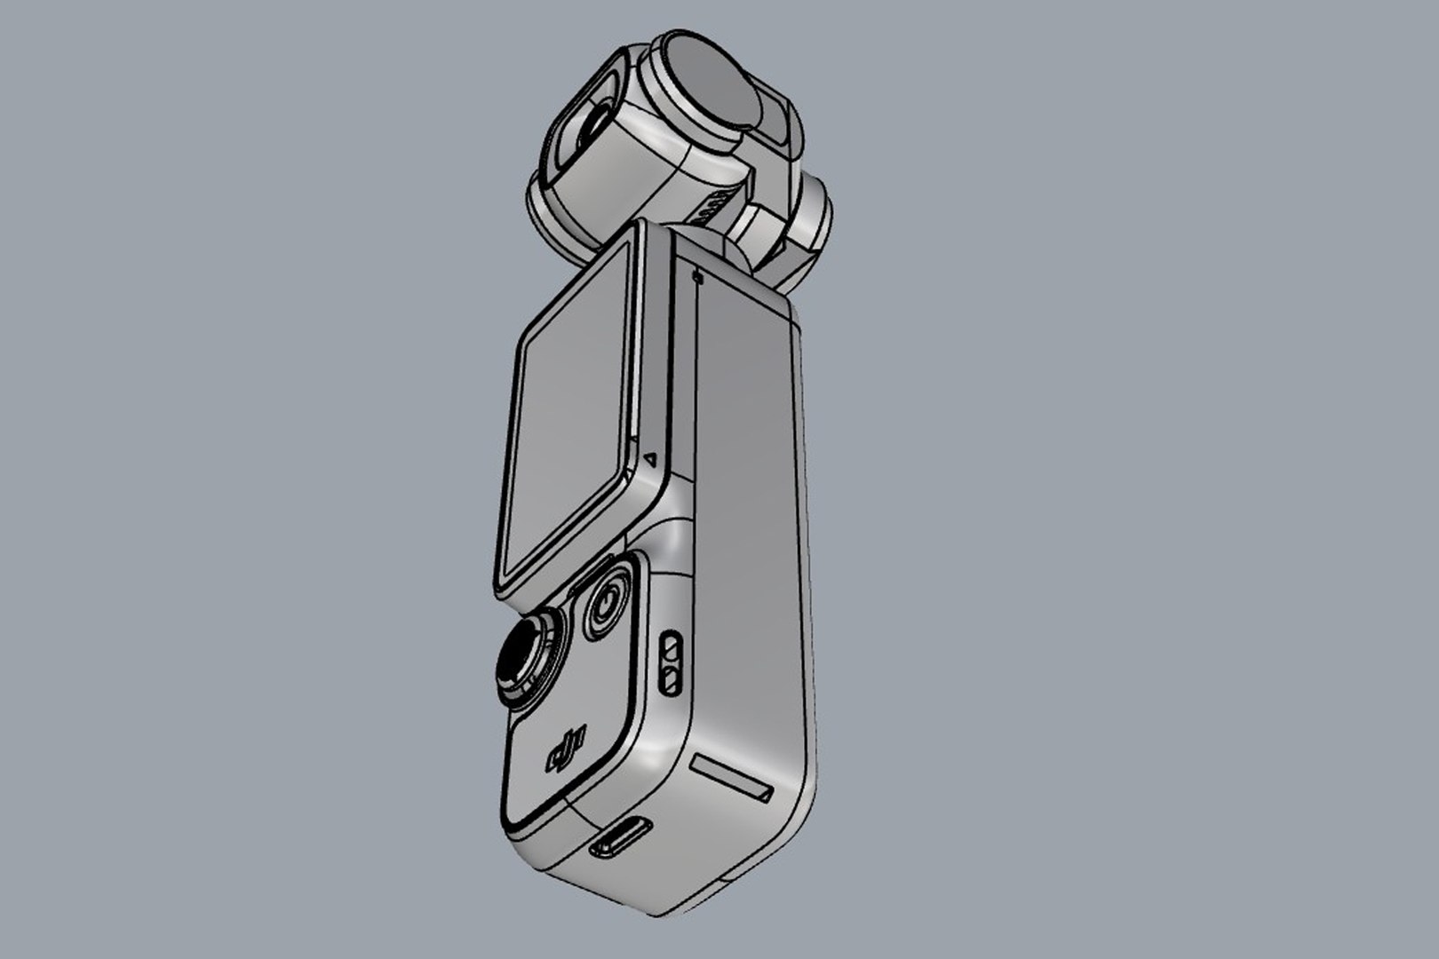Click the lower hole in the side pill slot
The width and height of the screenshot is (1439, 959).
click(672, 681)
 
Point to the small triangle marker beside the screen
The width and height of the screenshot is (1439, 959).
click(650, 460)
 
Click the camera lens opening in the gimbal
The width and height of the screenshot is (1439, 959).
click(586, 128)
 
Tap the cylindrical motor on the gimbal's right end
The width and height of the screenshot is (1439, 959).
click(811, 218)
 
